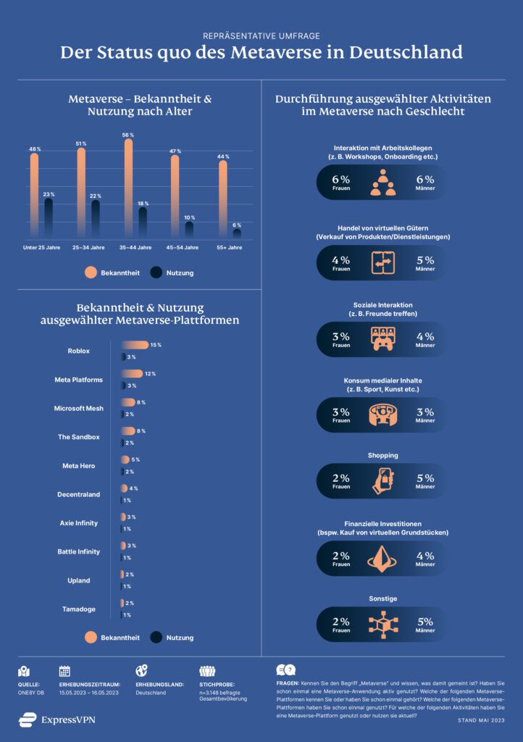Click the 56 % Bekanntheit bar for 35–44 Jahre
point(128,188)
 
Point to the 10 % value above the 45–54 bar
point(189,217)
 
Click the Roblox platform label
point(78,351)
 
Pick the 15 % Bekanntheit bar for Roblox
point(134,345)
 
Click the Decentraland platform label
point(78,494)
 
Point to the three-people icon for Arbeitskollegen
point(382,183)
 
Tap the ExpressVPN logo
point(57,720)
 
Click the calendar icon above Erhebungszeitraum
point(64,671)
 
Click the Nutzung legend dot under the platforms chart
point(156,638)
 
